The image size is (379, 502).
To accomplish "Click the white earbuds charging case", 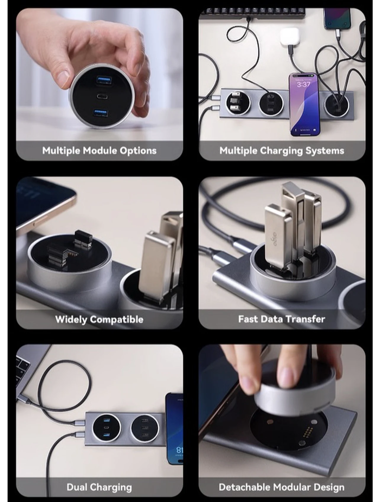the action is pos(289,37).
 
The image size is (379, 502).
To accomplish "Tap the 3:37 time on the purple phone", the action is pos(303,84).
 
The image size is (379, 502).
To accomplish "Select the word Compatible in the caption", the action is pos(117,319).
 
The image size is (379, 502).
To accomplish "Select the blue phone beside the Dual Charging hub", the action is pos(174,428).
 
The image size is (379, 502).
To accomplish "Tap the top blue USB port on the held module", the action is pos(103,80).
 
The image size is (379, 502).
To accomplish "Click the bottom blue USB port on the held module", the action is pos(101,112).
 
